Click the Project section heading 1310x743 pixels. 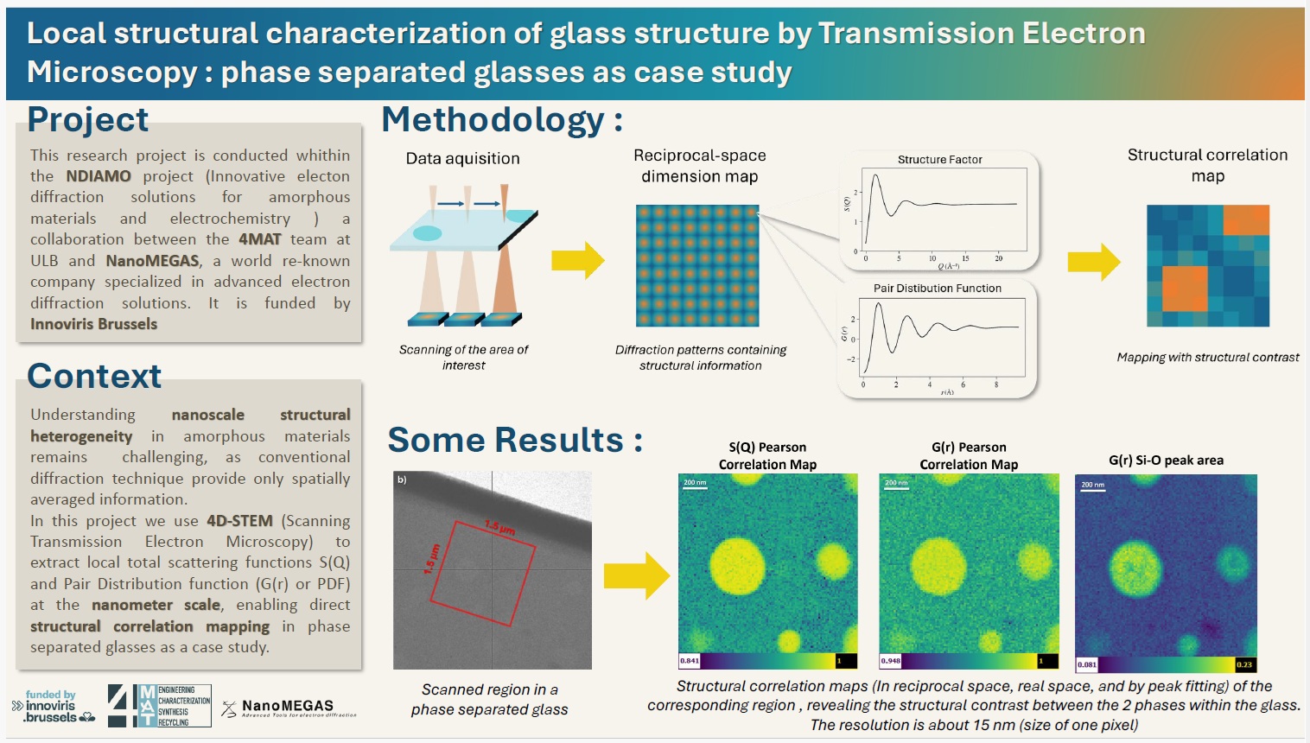pyautogui.click(x=87, y=119)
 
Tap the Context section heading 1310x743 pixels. pyautogui.click(x=94, y=376)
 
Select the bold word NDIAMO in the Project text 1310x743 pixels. pyautogui.click(x=99, y=176)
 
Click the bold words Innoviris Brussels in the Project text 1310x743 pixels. pyautogui.click(x=93, y=324)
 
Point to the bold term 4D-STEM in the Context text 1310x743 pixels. pyautogui.click(x=239, y=521)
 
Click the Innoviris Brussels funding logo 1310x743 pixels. pyautogui.click(x=53, y=707)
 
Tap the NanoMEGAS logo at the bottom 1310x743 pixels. pyautogui.click(x=289, y=708)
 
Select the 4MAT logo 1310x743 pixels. pyautogui.click(x=159, y=705)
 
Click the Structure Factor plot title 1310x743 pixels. pyautogui.click(x=939, y=160)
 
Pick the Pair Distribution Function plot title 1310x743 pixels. pyautogui.click(x=937, y=289)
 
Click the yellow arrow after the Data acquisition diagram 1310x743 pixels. pyautogui.click(x=577, y=259)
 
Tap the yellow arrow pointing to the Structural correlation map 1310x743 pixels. pyautogui.click(x=1093, y=262)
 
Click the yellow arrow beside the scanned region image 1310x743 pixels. pyautogui.click(x=636, y=575)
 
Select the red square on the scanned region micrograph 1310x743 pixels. pyautogui.click(x=482, y=572)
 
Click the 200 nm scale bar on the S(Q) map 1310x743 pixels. pyautogui.click(x=695, y=485)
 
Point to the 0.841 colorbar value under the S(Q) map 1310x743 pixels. pyautogui.click(x=690, y=661)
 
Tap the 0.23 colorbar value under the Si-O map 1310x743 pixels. pyautogui.click(x=1243, y=664)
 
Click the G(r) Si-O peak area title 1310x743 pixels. pyautogui.click(x=1166, y=460)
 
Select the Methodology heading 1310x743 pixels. pyautogui.click(x=502, y=120)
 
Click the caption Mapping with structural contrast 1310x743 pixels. pyautogui.click(x=1207, y=358)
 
